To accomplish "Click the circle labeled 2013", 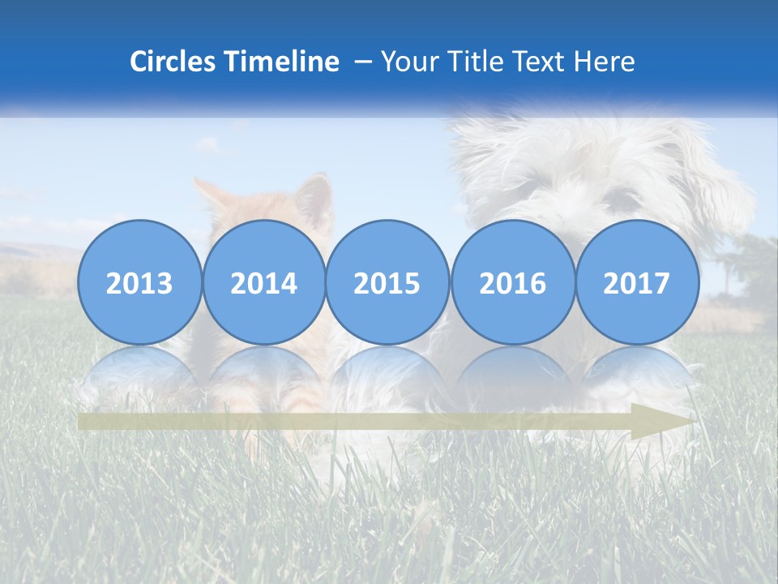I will tap(139, 282).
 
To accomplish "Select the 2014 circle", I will tap(263, 282).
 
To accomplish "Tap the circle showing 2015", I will tap(387, 282).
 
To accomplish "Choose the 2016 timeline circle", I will tap(512, 282).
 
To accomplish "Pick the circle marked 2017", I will tap(637, 282).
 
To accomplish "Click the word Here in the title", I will tap(605, 62).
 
